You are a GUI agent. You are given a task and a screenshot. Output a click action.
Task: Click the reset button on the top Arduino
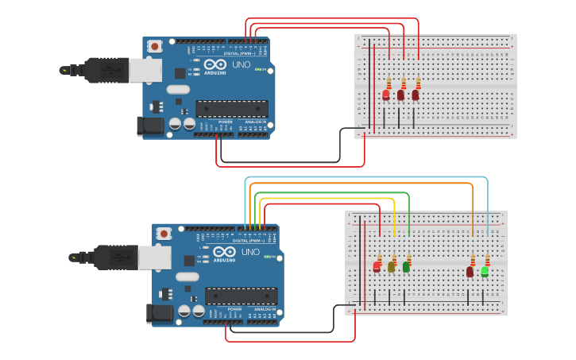(x=154, y=46)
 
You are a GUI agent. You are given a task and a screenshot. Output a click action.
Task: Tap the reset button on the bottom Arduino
(x=164, y=233)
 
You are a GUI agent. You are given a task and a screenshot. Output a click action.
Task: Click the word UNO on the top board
(x=241, y=64)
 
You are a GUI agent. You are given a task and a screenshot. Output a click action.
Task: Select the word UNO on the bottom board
(x=250, y=251)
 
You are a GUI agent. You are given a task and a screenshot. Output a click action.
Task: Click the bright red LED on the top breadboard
(x=386, y=95)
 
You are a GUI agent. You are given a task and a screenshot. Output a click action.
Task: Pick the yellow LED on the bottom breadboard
(x=391, y=268)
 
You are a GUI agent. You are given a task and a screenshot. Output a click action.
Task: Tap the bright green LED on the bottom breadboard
(x=485, y=271)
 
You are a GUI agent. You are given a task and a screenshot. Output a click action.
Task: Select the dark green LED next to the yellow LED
(x=406, y=267)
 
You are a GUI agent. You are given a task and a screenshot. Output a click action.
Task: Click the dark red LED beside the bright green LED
(x=470, y=272)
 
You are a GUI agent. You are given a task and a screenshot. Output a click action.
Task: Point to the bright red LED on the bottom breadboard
(x=377, y=267)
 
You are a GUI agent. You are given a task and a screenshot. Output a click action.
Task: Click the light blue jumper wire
(x=365, y=177)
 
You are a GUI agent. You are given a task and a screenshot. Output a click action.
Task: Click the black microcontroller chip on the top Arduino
(x=232, y=108)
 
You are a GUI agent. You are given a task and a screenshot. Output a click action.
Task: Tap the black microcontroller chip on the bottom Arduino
(x=242, y=296)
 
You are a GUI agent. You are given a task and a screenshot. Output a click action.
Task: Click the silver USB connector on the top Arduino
(x=145, y=71)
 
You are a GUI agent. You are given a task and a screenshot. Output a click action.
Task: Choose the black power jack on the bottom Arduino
(x=160, y=313)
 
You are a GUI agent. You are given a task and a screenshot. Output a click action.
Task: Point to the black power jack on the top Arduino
(x=150, y=126)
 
